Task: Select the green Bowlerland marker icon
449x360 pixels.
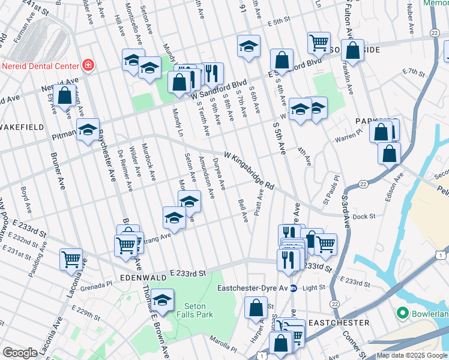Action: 402,314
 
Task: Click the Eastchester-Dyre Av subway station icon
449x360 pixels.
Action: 294,288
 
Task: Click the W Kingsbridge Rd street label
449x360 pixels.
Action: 249,171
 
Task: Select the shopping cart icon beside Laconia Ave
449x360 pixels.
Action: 71,260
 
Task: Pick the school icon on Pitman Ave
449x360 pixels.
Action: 88,130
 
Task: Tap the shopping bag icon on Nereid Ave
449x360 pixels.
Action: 64,95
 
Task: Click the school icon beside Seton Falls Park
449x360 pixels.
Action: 162,299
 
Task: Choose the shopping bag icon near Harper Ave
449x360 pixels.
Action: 256,307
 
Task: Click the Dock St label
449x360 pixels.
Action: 364,217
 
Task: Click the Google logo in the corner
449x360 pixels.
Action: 20,353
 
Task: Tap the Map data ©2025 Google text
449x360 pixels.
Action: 411,355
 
